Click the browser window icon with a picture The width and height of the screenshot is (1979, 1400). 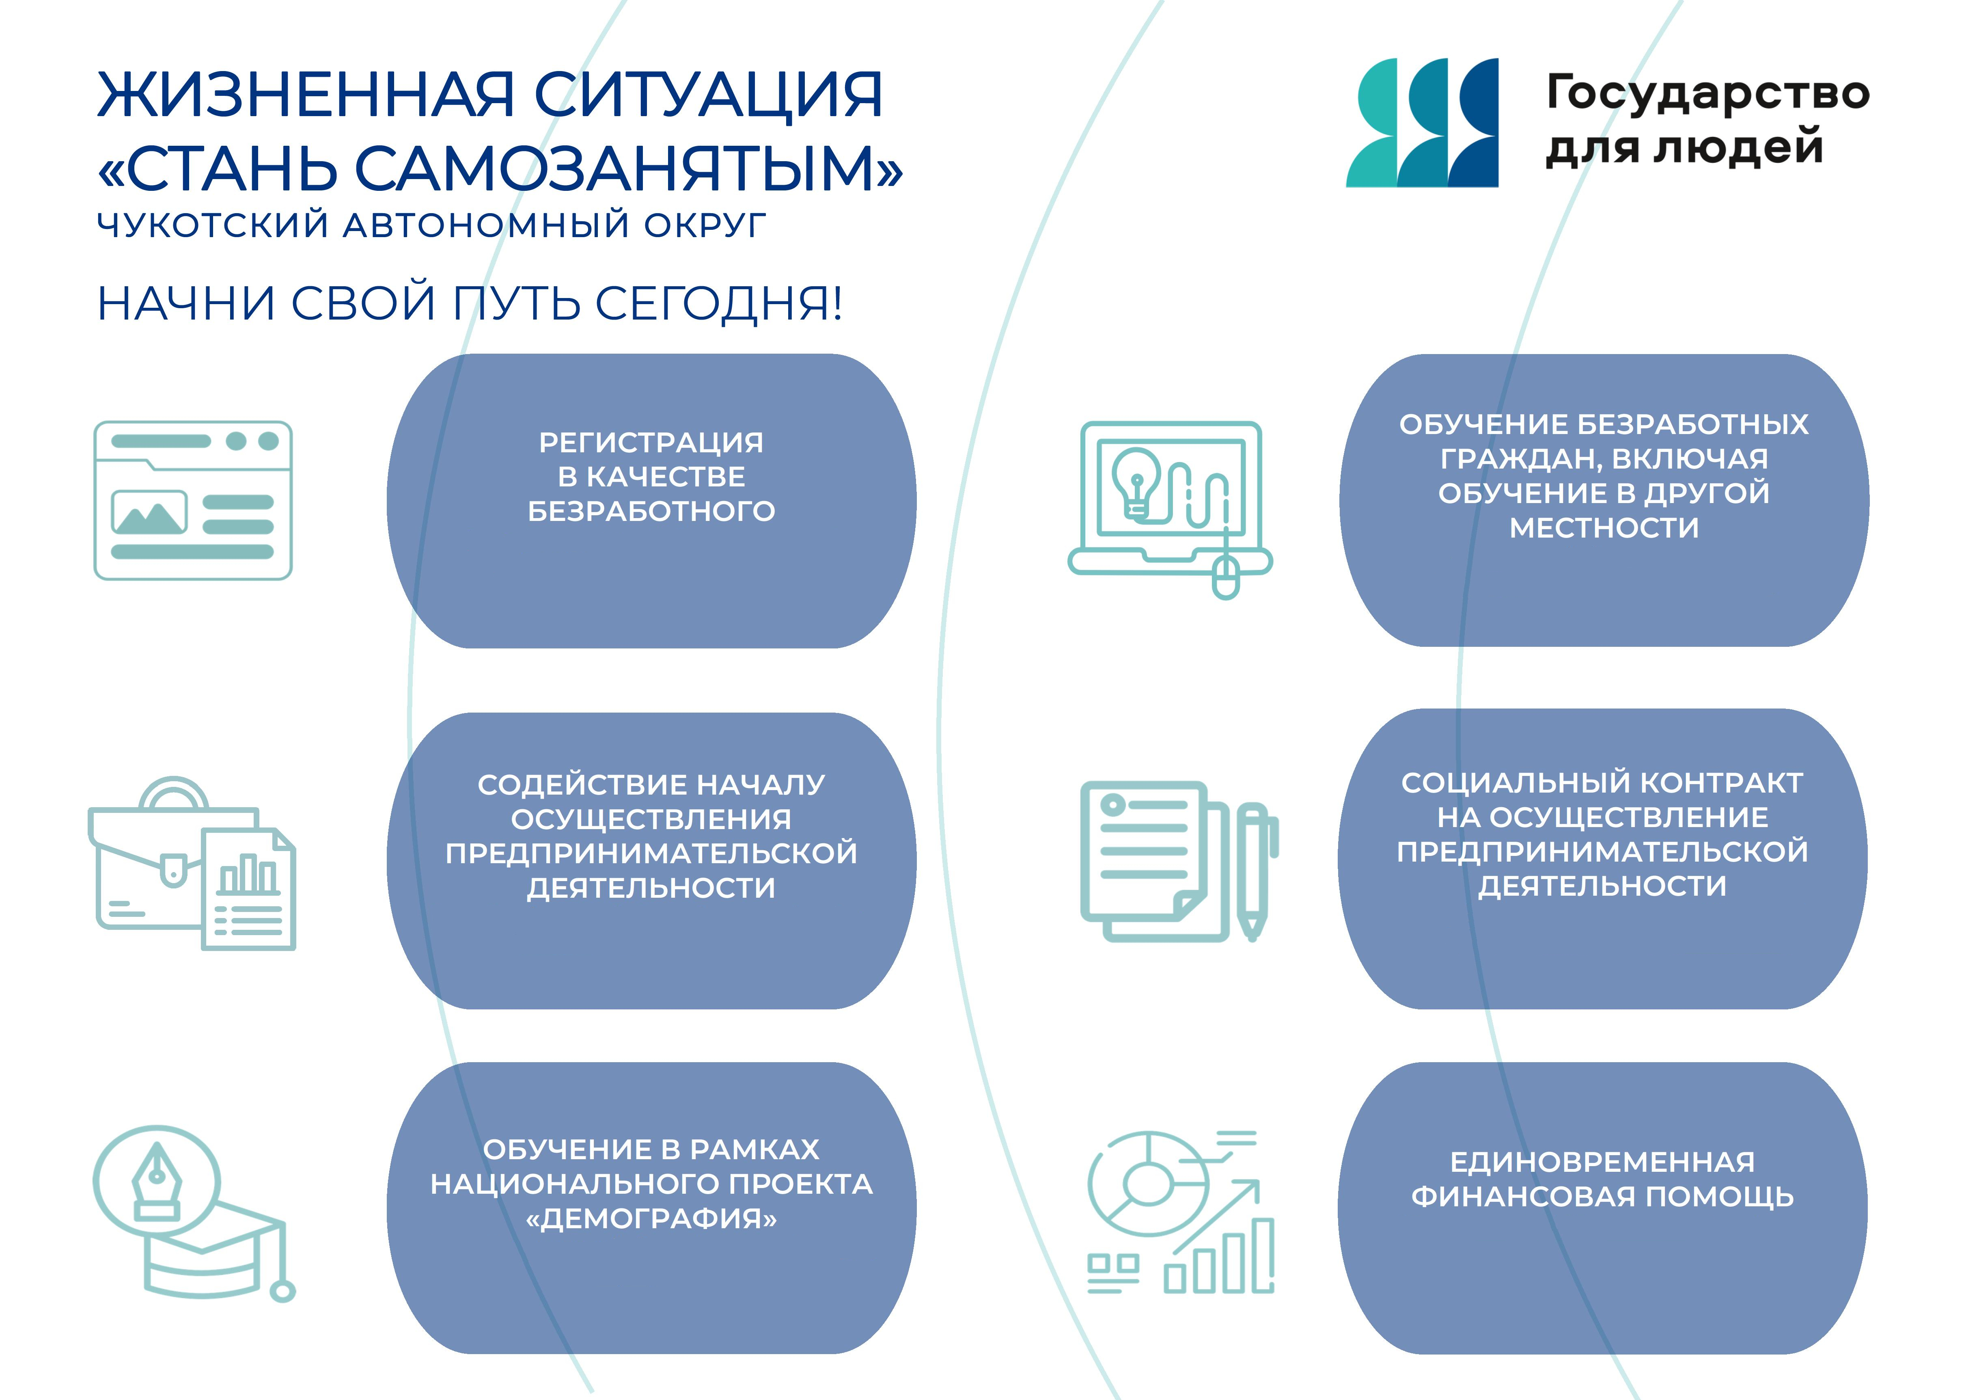click(x=193, y=500)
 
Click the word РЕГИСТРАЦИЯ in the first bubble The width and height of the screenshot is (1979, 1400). click(x=651, y=442)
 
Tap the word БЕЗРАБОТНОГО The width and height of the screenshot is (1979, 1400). click(x=651, y=511)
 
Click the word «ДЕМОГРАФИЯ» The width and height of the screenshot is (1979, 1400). click(x=651, y=1218)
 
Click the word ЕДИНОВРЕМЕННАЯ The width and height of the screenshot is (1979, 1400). click(x=1602, y=1162)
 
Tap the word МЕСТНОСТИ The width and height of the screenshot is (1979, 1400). click(x=1604, y=527)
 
